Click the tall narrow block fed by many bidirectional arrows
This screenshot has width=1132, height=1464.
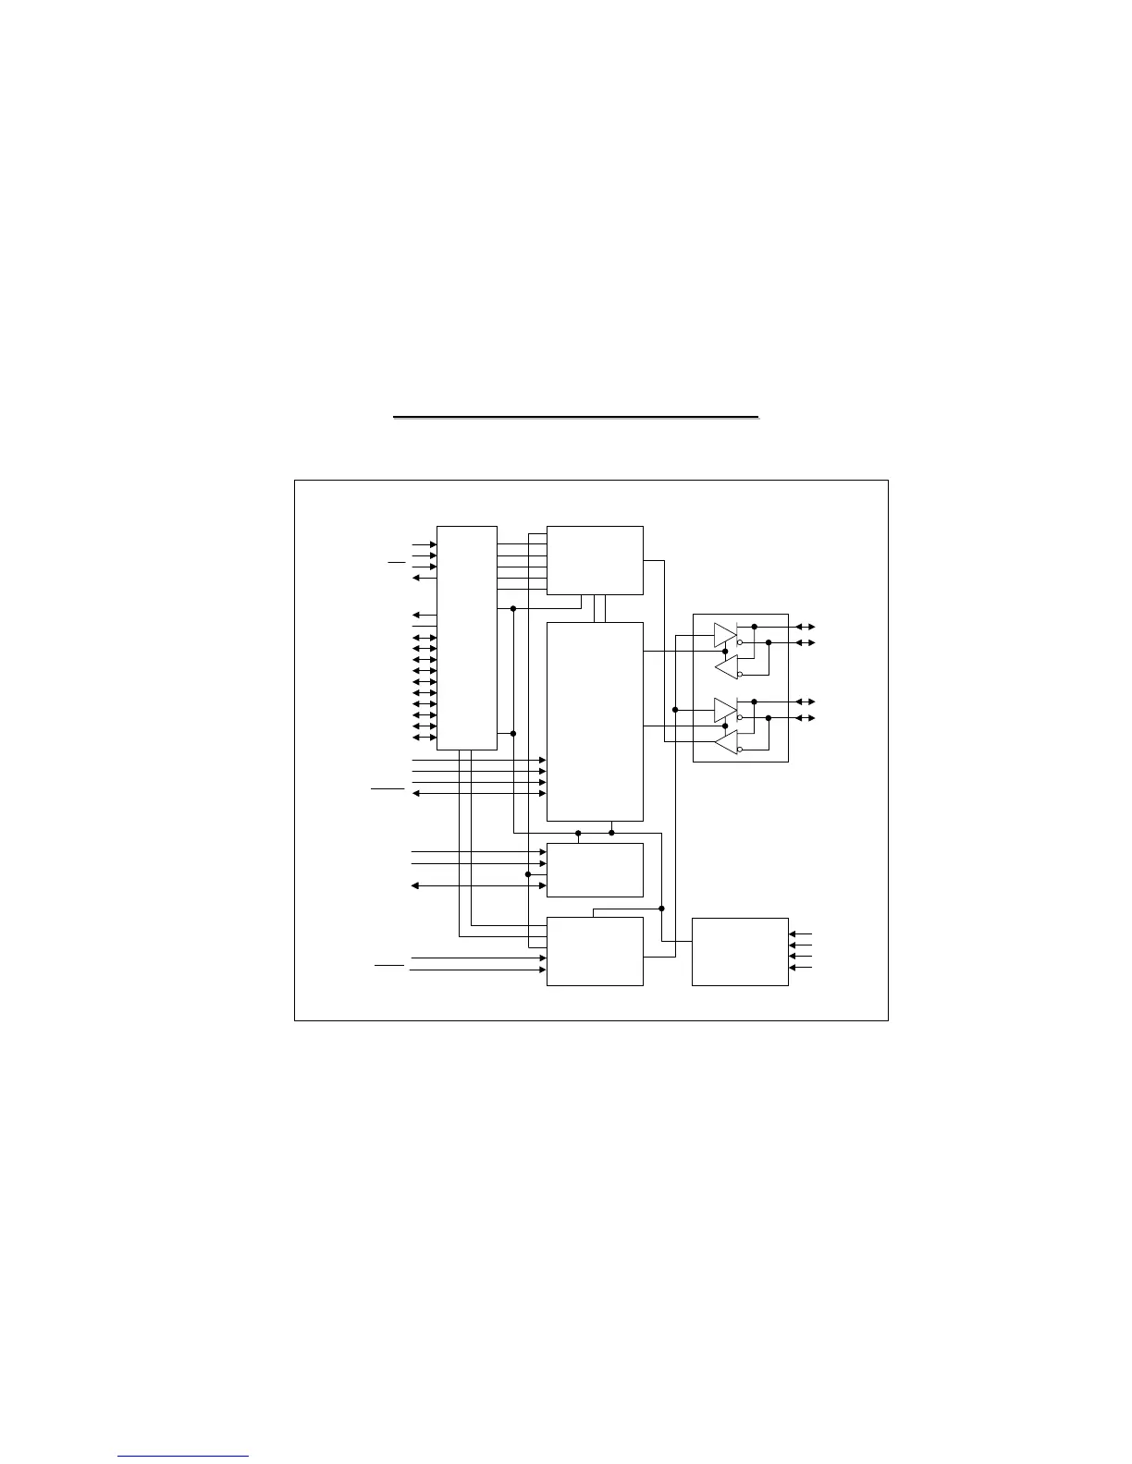click(x=466, y=638)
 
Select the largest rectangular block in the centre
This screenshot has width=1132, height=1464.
click(x=595, y=721)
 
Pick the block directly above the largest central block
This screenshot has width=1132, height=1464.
click(x=595, y=560)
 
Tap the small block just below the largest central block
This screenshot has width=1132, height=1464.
click(x=595, y=870)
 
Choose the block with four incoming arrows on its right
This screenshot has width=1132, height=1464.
click(x=740, y=952)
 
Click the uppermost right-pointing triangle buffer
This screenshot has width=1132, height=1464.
click(x=724, y=634)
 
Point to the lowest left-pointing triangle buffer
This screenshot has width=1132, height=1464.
click(x=727, y=743)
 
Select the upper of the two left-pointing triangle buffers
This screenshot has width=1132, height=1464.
click(x=727, y=667)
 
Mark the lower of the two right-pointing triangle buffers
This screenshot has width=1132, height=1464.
click(x=724, y=710)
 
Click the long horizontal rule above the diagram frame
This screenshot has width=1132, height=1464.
click(x=575, y=418)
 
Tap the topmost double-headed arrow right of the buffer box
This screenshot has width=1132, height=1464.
click(x=805, y=627)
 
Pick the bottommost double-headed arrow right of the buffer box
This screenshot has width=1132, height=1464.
click(x=805, y=718)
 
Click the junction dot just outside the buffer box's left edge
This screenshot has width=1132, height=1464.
click(x=676, y=710)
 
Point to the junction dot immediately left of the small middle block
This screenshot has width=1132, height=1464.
click(x=528, y=874)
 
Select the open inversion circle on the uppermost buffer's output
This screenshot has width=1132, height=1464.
click(x=740, y=641)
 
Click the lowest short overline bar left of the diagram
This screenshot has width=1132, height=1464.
click(x=389, y=964)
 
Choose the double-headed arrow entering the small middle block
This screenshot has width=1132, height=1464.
click(x=478, y=885)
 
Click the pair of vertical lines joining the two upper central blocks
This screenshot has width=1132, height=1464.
click(x=599, y=608)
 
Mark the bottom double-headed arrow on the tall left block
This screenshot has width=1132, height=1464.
click(x=424, y=738)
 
